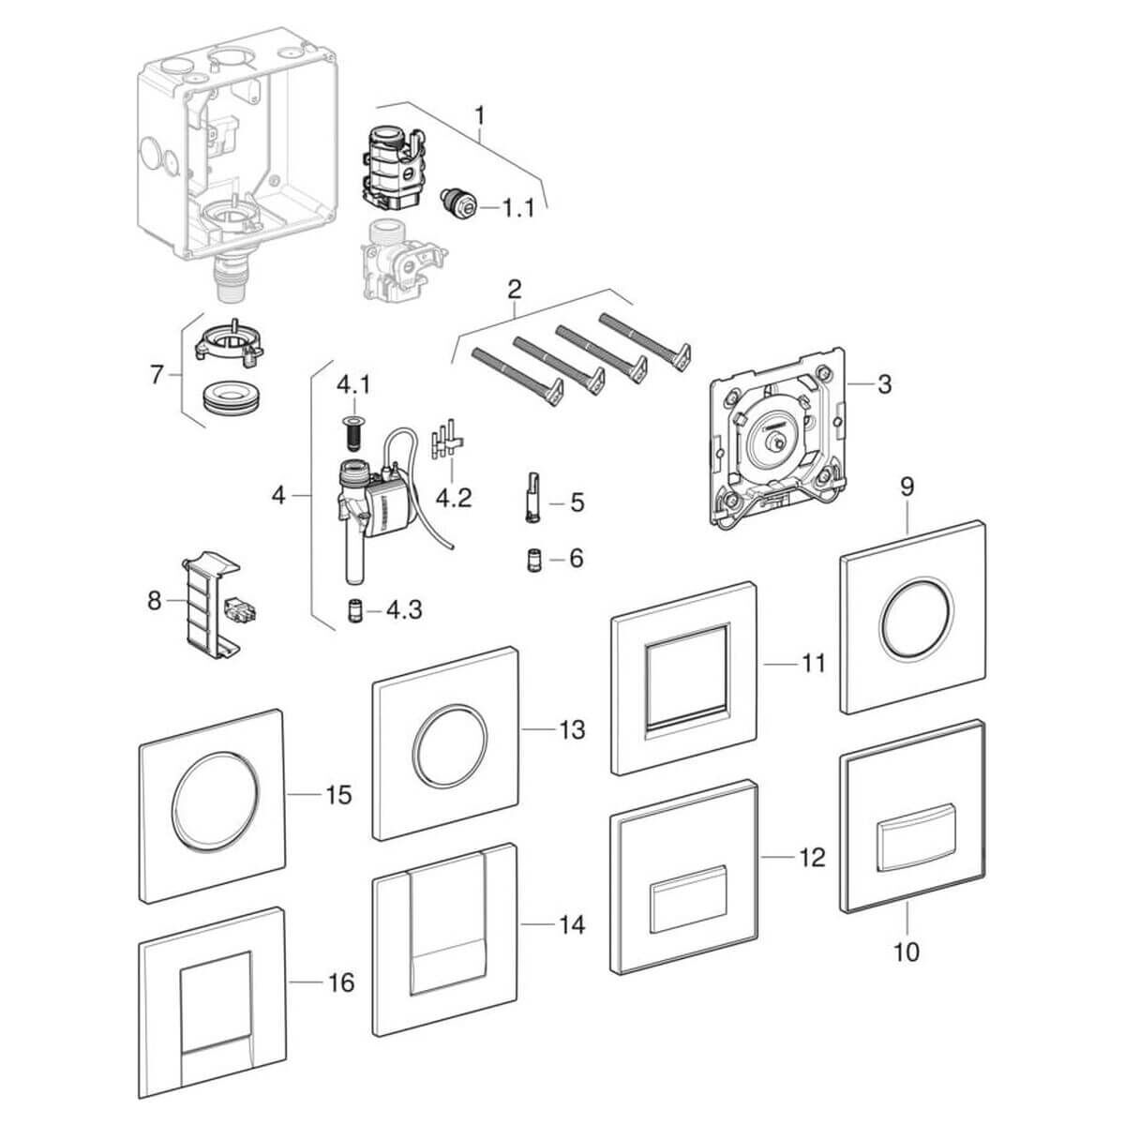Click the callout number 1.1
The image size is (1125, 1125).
click(513, 208)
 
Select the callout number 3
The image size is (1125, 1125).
click(884, 384)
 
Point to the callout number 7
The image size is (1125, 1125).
click(156, 375)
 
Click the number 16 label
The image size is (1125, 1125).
click(341, 982)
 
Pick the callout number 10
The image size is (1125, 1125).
click(907, 952)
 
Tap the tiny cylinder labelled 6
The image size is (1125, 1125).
click(532, 559)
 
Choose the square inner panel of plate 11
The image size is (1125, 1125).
click(686, 675)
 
